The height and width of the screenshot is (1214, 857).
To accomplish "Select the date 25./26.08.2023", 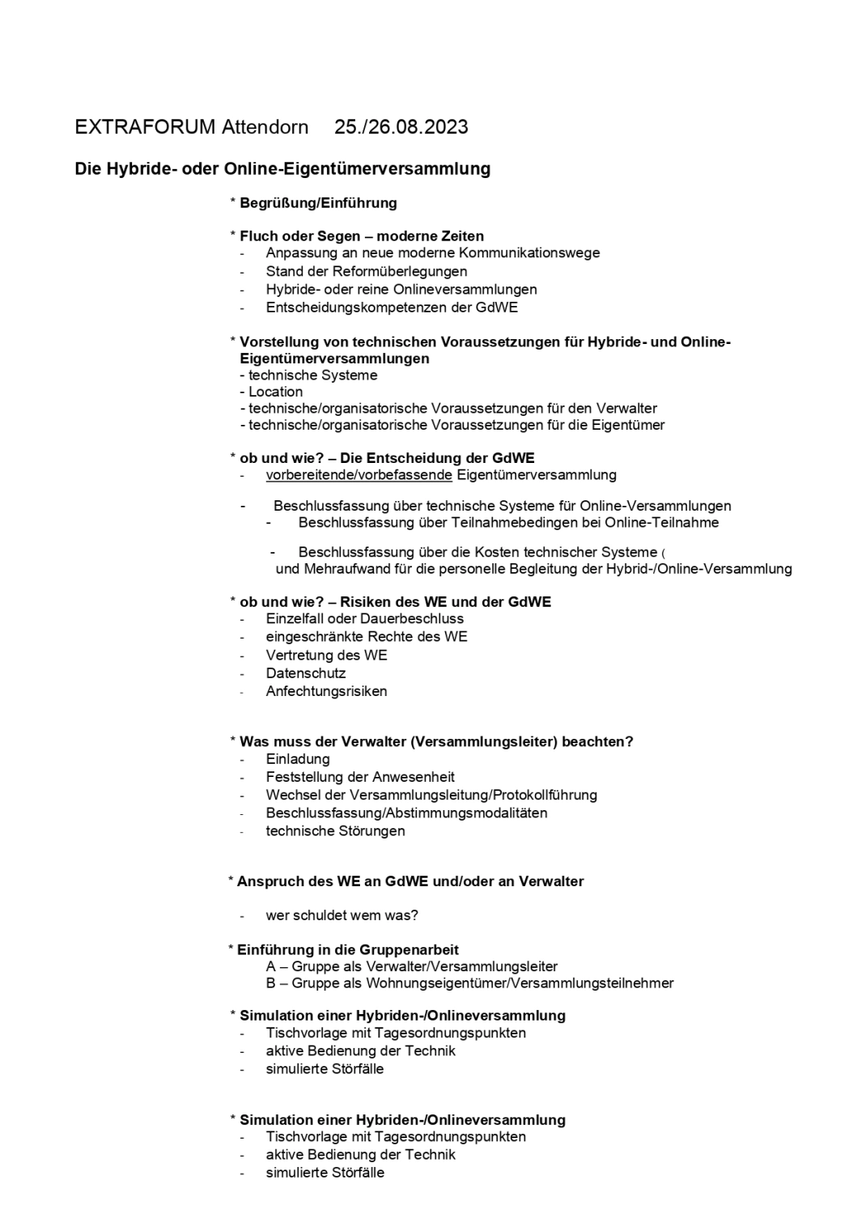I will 401,127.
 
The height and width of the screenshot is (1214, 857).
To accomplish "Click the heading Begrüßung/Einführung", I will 318,202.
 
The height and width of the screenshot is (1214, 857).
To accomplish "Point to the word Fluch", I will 258,236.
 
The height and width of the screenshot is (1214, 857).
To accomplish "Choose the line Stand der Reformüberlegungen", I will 366,271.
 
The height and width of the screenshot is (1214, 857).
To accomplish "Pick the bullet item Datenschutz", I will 306,673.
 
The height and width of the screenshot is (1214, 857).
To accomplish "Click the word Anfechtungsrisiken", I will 326,691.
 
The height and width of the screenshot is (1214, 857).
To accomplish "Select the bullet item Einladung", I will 298,759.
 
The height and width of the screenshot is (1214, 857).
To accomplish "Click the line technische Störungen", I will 335,831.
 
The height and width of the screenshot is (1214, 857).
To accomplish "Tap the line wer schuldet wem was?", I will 342,915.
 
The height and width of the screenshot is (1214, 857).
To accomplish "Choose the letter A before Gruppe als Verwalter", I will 270,966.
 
